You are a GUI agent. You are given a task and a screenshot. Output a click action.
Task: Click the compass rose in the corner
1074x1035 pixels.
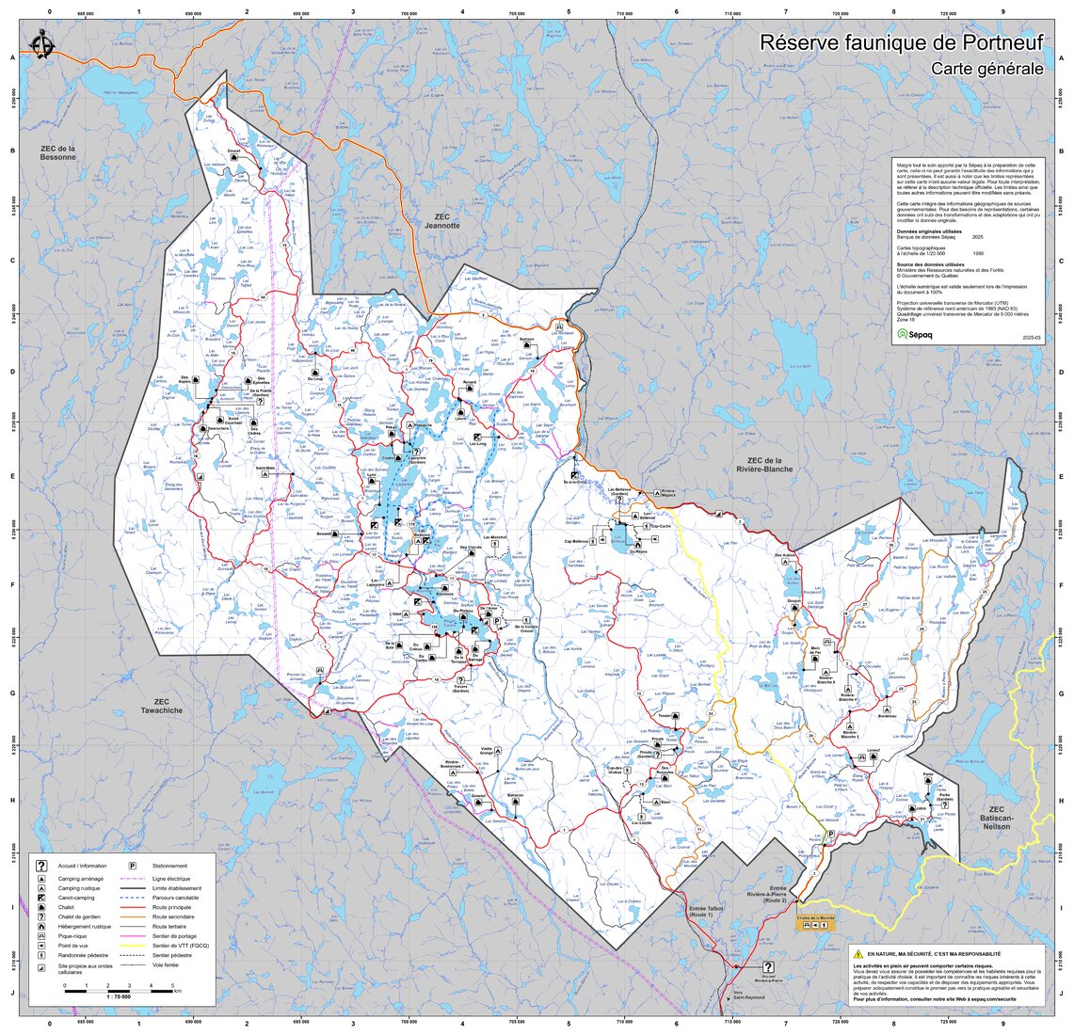click(x=40, y=44)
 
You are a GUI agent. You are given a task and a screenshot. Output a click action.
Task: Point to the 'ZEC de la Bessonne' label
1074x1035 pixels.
click(x=57, y=152)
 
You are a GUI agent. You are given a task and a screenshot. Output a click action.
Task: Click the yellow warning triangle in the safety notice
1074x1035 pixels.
click(x=858, y=954)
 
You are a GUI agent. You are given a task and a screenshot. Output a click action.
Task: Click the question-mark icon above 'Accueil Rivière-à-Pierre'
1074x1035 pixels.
click(x=768, y=967)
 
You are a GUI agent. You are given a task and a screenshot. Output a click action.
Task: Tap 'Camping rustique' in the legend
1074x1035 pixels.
click(x=80, y=888)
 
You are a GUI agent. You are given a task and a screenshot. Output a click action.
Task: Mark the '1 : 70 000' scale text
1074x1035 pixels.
click(x=120, y=995)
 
